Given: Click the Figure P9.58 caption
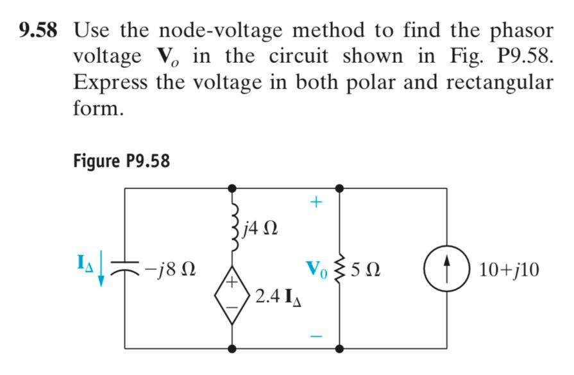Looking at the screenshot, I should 122,160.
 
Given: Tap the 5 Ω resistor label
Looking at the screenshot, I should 370,270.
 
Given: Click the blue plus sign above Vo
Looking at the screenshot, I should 314,203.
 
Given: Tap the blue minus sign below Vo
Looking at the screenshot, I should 314,335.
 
